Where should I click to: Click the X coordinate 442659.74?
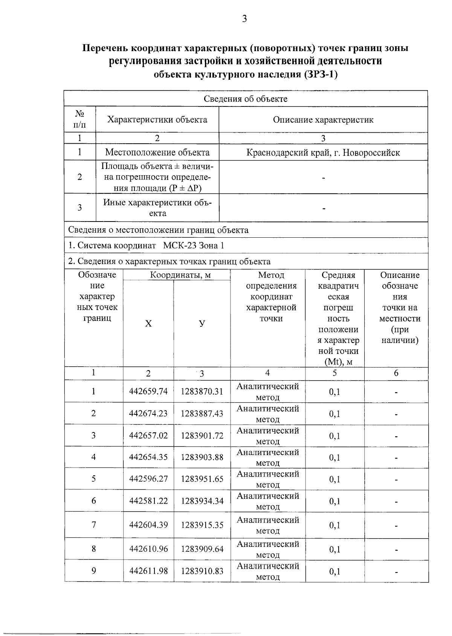click(148, 391)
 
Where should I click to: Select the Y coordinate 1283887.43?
click(202, 413)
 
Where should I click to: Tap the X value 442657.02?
click(148, 436)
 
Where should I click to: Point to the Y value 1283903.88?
click(202, 457)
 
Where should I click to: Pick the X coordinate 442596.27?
click(148, 479)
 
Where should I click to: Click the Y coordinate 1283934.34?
click(202, 501)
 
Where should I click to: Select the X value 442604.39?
click(148, 525)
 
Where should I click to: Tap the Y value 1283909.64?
click(202, 549)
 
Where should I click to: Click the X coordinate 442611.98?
click(148, 571)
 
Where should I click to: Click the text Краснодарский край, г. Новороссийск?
click(323, 153)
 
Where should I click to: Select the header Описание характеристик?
click(323, 120)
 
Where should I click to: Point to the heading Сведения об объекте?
click(245, 99)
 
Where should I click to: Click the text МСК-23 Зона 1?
click(194, 246)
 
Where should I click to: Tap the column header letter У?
click(202, 323)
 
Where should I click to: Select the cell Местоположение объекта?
click(157, 153)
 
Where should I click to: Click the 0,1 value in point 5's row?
click(334, 479)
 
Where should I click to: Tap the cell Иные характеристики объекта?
click(157, 208)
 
